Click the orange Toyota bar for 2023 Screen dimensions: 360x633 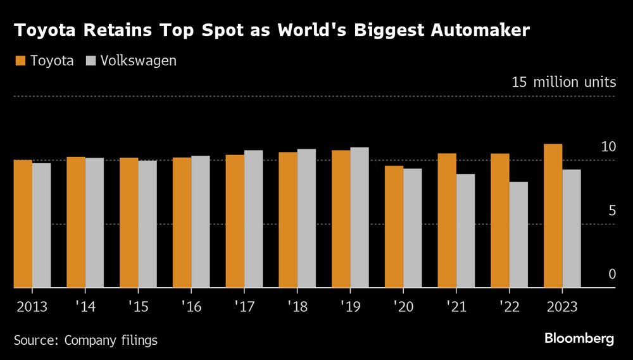coord(553,216)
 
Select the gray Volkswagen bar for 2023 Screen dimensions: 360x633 coord(572,228)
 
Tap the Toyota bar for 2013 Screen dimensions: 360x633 coord(23,224)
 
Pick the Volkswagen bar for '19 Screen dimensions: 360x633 coord(360,218)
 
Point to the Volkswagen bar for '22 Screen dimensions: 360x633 coord(518,235)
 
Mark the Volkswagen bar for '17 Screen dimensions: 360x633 coord(253,219)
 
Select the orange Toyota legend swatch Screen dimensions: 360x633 coord(20,61)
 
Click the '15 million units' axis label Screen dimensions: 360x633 coord(563,82)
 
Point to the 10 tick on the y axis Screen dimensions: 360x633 coord(608,147)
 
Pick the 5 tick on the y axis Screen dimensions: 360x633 coord(611,211)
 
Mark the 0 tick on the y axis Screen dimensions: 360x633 coord(611,275)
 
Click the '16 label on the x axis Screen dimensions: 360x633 coord(191,307)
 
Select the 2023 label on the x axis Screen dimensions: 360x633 coord(561,307)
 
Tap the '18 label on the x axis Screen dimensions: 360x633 coord(297,307)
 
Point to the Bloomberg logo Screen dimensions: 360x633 coord(579,338)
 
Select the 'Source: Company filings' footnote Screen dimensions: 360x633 coord(85,340)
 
